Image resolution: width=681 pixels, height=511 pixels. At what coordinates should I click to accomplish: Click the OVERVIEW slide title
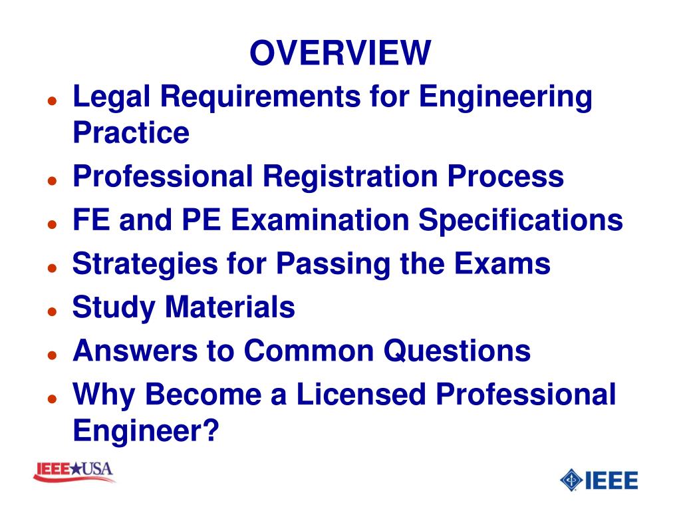[340, 53]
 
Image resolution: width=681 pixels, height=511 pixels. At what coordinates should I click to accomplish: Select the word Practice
[131, 133]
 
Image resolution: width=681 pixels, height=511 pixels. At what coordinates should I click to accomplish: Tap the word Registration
[349, 177]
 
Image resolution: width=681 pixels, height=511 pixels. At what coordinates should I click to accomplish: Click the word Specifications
[520, 221]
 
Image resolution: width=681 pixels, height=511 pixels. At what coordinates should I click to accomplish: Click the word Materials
[230, 307]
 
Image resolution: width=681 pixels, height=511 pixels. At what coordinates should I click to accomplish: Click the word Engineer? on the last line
[146, 430]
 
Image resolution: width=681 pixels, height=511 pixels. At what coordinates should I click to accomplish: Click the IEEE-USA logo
[74, 472]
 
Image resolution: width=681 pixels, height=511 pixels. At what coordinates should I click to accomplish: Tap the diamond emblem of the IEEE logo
[571, 480]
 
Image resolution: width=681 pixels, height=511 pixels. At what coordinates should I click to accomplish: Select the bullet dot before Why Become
[51, 399]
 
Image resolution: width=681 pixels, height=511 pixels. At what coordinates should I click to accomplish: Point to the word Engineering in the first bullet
[505, 98]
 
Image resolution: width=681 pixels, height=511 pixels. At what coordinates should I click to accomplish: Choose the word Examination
[323, 221]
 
